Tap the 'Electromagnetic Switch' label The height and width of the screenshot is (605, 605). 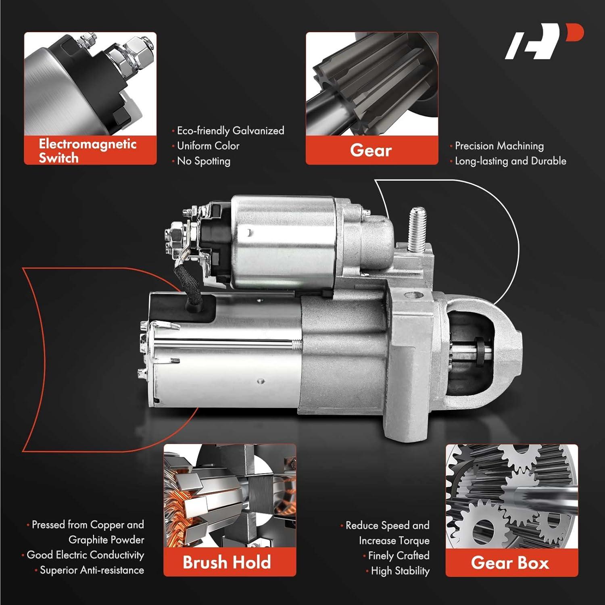[x=88, y=150]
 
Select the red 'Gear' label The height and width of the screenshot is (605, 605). [x=371, y=150]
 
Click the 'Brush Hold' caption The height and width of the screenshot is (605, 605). [x=227, y=562]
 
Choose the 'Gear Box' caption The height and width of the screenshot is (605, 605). [x=510, y=563]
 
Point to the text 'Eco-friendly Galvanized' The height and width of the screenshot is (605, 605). [x=230, y=131]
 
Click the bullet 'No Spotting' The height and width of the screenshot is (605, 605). [x=204, y=161]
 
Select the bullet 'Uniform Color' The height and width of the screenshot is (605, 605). [x=208, y=146]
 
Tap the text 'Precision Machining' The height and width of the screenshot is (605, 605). [x=499, y=146]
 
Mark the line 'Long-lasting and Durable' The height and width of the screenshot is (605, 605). [x=511, y=161]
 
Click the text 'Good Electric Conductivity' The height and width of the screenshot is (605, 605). [x=85, y=555]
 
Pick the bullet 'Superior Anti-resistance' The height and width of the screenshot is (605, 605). [x=92, y=570]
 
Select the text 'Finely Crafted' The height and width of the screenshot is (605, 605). [x=398, y=556]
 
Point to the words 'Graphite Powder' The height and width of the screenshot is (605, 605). [x=106, y=540]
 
